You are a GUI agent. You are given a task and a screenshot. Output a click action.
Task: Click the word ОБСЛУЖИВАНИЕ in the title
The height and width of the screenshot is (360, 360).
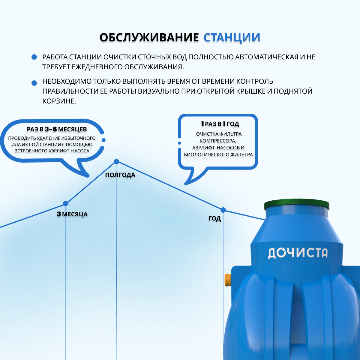point(149,37)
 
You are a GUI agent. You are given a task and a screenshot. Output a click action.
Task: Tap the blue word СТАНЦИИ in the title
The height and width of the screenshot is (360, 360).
point(232,37)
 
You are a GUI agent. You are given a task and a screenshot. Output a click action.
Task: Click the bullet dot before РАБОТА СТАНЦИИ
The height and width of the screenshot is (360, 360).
point(34,57)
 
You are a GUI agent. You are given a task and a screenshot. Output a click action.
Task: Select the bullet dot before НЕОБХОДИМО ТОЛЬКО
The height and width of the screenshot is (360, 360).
point(34,83)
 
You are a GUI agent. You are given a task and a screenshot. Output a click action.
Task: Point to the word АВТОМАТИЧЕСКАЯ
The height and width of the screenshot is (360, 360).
point(266,57)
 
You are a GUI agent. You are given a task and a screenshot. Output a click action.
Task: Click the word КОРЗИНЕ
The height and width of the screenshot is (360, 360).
point(59,101)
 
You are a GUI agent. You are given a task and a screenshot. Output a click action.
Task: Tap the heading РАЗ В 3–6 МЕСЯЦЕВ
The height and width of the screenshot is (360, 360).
point(57,129)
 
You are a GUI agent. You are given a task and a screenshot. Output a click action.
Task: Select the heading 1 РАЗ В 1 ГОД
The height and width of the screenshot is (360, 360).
point(220,124)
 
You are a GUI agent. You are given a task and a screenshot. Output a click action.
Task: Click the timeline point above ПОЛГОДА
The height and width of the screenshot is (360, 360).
point(116,162)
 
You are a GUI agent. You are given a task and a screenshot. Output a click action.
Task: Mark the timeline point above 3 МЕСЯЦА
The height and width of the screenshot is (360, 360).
point(66,203)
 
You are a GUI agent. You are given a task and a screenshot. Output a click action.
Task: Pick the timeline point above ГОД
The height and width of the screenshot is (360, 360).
point(223,210)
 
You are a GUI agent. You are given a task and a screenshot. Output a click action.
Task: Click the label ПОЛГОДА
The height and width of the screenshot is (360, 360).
point(120,175)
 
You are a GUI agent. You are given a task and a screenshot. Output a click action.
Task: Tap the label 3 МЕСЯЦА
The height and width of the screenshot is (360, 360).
point(72,214)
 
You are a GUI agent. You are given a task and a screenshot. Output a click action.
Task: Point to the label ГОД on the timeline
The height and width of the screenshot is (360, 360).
point(214,219)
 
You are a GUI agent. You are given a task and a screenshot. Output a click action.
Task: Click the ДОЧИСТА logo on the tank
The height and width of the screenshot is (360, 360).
point(297,253)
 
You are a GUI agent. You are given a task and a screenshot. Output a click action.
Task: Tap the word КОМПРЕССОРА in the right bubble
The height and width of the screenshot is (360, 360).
point(218,141)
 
